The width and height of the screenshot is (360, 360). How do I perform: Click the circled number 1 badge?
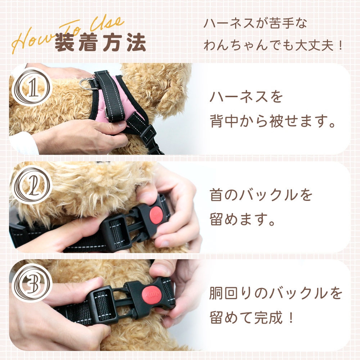point(32,87)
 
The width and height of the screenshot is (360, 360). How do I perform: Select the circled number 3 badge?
point(32,283)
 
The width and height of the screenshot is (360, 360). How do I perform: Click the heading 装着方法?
point(100,42)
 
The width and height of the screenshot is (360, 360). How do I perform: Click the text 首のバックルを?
point(261,195)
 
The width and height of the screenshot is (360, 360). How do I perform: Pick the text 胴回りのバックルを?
point(276,293)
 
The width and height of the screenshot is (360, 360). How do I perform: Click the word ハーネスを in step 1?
point(246,96)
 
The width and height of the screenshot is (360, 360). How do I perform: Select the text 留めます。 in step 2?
point(242,219)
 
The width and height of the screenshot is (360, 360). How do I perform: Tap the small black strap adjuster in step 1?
point(148,132)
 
